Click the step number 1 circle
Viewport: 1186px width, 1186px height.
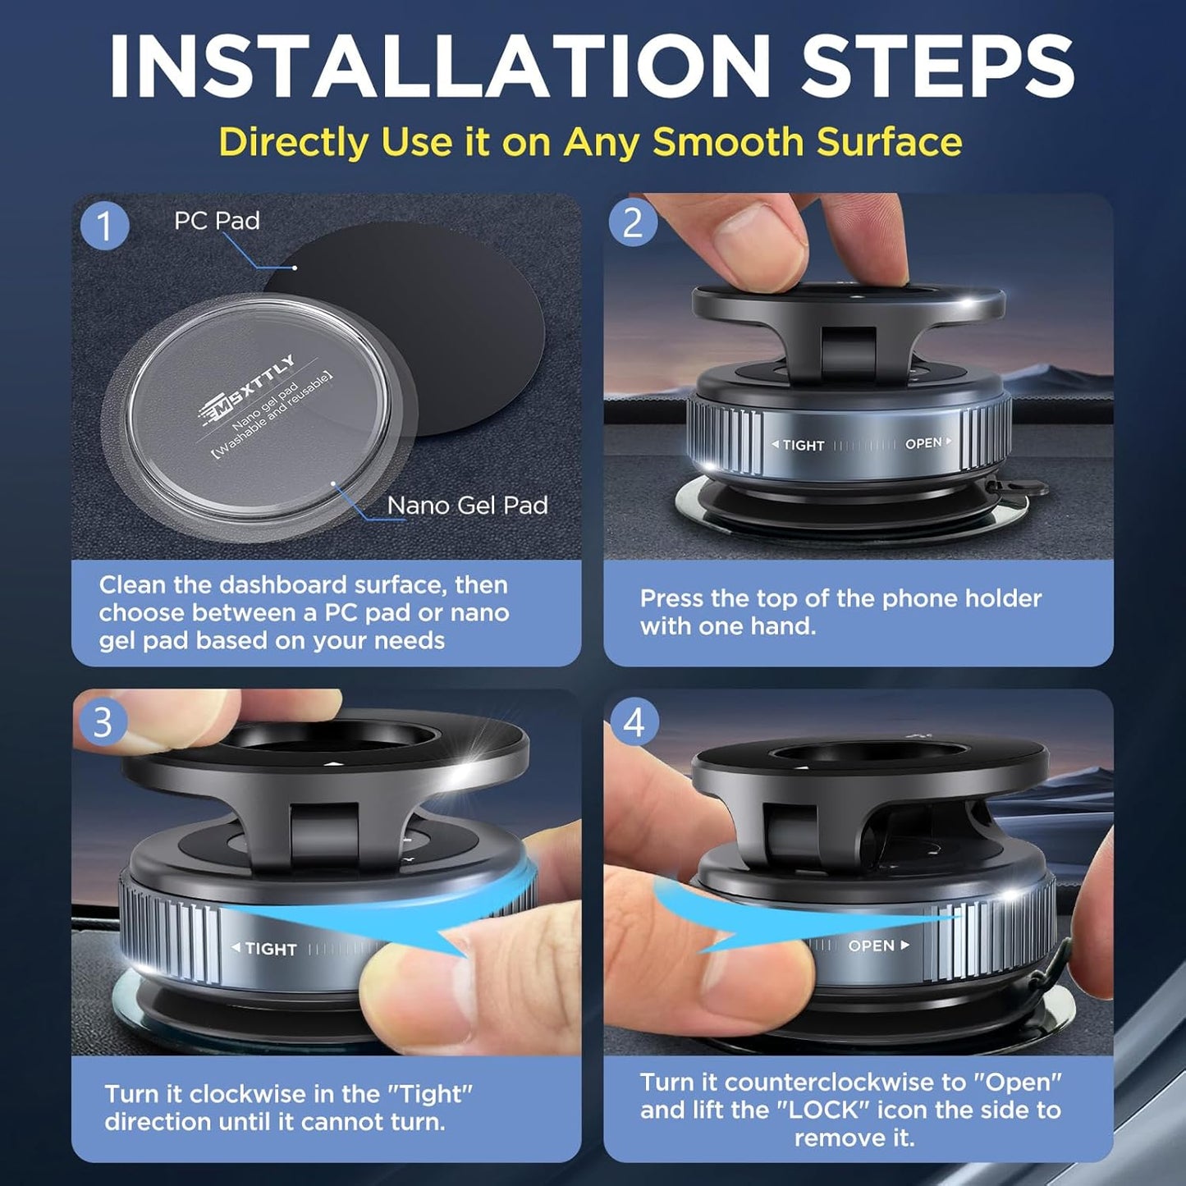104,225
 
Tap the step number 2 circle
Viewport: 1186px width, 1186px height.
632,222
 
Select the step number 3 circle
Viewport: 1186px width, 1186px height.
102,722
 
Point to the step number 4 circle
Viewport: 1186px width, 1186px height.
634,722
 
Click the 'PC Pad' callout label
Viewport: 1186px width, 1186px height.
217,221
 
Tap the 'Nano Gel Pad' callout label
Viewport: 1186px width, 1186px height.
467,506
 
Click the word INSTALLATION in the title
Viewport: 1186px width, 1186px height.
439,67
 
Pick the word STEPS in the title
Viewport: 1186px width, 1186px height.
938,67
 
